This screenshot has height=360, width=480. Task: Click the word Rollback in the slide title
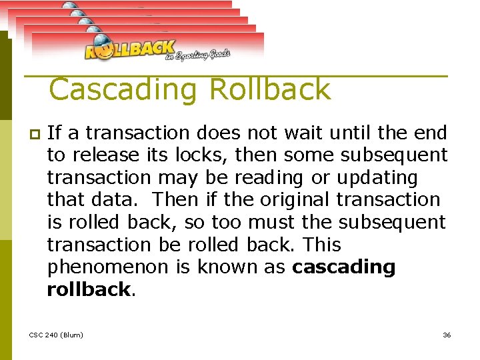coord(270,89)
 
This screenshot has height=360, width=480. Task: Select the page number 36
coord(447,334)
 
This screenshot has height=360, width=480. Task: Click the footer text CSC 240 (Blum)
coord(57,334)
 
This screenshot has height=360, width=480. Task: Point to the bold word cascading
coord(344,267)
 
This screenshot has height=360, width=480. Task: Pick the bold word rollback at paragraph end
coord(88,289)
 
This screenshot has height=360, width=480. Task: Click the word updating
coord(377,178)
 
